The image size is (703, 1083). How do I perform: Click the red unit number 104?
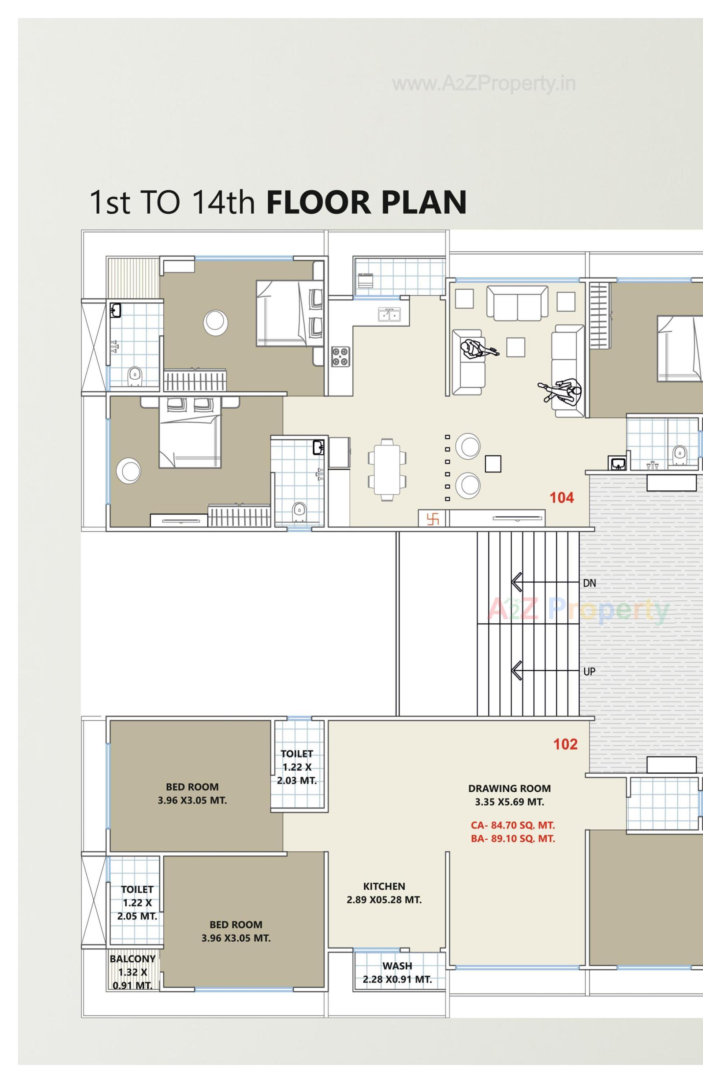tap(562, 498)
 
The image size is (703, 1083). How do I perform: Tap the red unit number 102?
tap(565, 744)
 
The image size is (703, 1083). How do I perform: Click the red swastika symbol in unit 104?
tap(433, 519)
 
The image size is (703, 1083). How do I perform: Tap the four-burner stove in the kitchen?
tap(341, 357)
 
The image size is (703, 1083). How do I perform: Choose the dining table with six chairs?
tap(387, 469)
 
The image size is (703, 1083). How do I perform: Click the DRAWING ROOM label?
tap(509, 789)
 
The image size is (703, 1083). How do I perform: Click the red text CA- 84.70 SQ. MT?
tap(513, 825)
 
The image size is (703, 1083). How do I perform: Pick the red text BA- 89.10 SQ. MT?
tap(513, 839)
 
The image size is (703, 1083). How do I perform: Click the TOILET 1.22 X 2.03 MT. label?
tap(297, 767)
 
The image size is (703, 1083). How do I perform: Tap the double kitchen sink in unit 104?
tap(389, 314)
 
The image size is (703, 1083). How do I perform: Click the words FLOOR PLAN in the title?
tap(367, 203)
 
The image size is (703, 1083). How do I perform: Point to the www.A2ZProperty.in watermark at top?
tap(483, 84)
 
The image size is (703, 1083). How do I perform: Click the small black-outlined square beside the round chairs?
tap(493, 464)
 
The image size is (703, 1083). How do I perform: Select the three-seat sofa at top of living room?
tap(517, 303)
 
